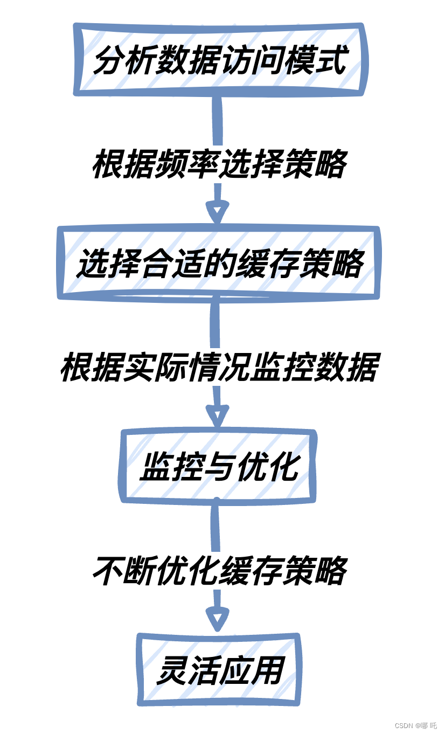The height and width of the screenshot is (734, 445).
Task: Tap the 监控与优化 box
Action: [218, 466]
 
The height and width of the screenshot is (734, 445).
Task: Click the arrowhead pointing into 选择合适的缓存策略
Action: [217, 213]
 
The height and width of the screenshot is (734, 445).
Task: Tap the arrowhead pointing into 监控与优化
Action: [217, 417]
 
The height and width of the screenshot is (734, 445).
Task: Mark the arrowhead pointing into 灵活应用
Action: [217, 620]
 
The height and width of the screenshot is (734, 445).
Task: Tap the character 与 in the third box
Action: [218, 466]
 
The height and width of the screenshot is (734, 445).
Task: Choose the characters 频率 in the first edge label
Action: [187, 164]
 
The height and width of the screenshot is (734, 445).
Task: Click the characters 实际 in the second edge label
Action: [156, 368]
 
